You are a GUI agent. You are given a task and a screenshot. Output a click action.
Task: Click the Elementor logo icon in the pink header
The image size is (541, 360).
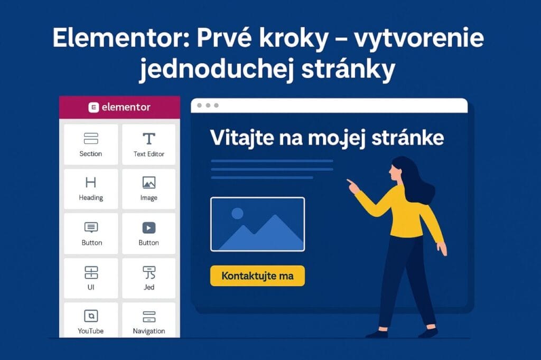pos(94,108)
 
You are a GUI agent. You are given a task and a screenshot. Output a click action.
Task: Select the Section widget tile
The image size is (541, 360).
pos(91,144)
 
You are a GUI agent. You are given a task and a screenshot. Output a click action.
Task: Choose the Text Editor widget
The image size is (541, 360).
pos(149,144)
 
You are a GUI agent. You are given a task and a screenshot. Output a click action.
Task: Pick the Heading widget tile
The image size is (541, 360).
pos(91,188)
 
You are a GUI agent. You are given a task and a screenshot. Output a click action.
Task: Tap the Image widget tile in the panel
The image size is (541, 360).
pos(149,188)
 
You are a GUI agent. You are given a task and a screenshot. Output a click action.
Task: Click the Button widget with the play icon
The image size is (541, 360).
pos(149,233)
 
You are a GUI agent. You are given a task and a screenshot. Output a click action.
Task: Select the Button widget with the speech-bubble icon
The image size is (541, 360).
pos(91,233)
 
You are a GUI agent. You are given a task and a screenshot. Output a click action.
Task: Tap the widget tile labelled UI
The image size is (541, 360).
pos(91,278)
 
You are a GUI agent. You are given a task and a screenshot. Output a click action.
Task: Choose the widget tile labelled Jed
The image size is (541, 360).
pos(149,278)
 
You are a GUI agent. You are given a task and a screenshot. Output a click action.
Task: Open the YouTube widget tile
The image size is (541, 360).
pos(91,320)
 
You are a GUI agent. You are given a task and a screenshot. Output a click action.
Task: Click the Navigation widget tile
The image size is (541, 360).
pos(149,320)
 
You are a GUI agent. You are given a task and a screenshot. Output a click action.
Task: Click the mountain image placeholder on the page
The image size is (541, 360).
pos(257,224)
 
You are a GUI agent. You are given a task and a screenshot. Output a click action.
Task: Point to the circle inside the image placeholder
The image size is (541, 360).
pos(237,213)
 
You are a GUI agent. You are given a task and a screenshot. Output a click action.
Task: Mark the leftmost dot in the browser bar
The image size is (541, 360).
pos(199,106)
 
